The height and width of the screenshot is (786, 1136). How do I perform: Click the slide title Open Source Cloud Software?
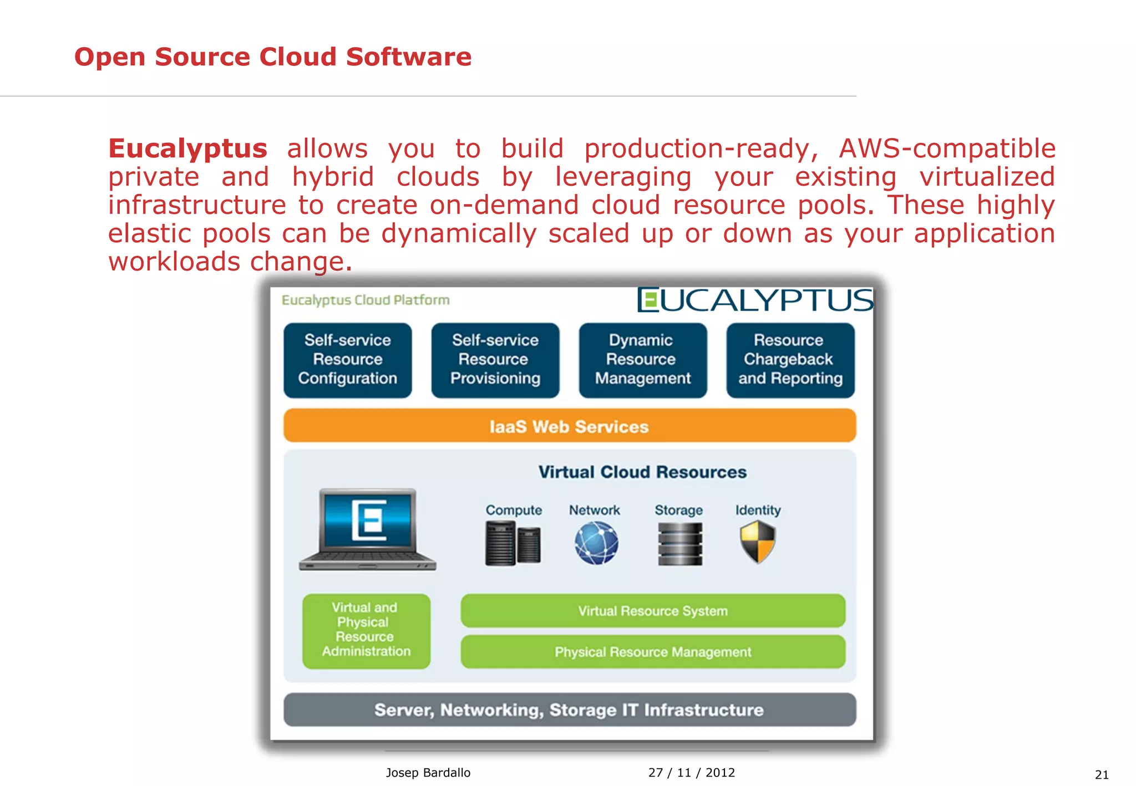coord(272,57)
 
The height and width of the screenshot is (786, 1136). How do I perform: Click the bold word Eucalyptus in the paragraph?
coord(187,149)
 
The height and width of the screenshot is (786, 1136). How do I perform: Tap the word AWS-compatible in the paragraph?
coord(947,149)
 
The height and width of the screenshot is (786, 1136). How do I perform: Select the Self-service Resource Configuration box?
coord(347,360)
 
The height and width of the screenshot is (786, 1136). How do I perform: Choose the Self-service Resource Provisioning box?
coord(495,360)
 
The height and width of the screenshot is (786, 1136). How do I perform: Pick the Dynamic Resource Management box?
coord(642,360)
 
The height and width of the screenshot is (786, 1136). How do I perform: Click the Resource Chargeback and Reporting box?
coord(790,360)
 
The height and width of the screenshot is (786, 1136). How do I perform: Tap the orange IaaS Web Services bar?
coord(569,426)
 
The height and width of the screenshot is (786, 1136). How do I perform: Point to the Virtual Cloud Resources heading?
coord(642,472)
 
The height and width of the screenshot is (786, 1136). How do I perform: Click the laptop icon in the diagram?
coord(368,530)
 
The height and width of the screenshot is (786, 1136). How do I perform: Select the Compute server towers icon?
coord(513,544)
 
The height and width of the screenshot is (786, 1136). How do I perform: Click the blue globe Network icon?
coord(596,544)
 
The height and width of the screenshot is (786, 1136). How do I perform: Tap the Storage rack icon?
coord(679,544)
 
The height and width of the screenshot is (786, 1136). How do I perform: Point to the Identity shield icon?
coord(757,542)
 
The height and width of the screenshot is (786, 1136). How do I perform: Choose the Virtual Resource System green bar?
coord(652,611)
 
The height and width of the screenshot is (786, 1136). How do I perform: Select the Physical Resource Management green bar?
coord(652,652)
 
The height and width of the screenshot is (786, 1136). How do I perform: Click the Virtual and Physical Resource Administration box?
coord(366,630)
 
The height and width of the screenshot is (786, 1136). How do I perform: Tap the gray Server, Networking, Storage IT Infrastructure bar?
coord(569,710)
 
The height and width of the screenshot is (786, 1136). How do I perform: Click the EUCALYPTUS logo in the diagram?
coord(755,300)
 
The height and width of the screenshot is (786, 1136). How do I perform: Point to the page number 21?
coord(1102,774)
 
